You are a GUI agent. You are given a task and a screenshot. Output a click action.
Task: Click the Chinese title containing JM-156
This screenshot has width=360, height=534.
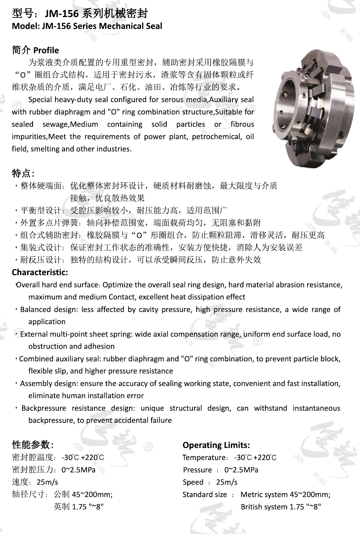point(80,14)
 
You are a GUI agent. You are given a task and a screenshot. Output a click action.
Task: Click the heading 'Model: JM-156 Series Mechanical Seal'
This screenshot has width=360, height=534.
point(87,26)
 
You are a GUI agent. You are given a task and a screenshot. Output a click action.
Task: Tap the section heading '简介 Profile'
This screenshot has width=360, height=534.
point(35,50)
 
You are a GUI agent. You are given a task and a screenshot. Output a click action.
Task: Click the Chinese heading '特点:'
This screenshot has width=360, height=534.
point(23,173)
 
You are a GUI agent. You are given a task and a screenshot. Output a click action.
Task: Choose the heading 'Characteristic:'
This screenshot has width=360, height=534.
point(40,273)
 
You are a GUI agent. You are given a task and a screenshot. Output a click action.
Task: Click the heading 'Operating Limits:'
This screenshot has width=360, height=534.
point(216,445)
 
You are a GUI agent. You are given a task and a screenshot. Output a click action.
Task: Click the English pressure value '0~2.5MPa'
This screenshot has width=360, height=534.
point(241,470)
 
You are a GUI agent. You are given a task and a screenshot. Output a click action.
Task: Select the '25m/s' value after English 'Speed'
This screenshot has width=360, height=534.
point(227,482)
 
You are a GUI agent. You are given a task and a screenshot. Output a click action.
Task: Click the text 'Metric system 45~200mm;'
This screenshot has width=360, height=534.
point(285,495)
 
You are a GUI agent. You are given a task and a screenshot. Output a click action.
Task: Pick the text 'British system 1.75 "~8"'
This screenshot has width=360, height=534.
point(281,507)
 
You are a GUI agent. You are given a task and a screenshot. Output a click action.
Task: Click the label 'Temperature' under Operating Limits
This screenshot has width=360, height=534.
point(204,458)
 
